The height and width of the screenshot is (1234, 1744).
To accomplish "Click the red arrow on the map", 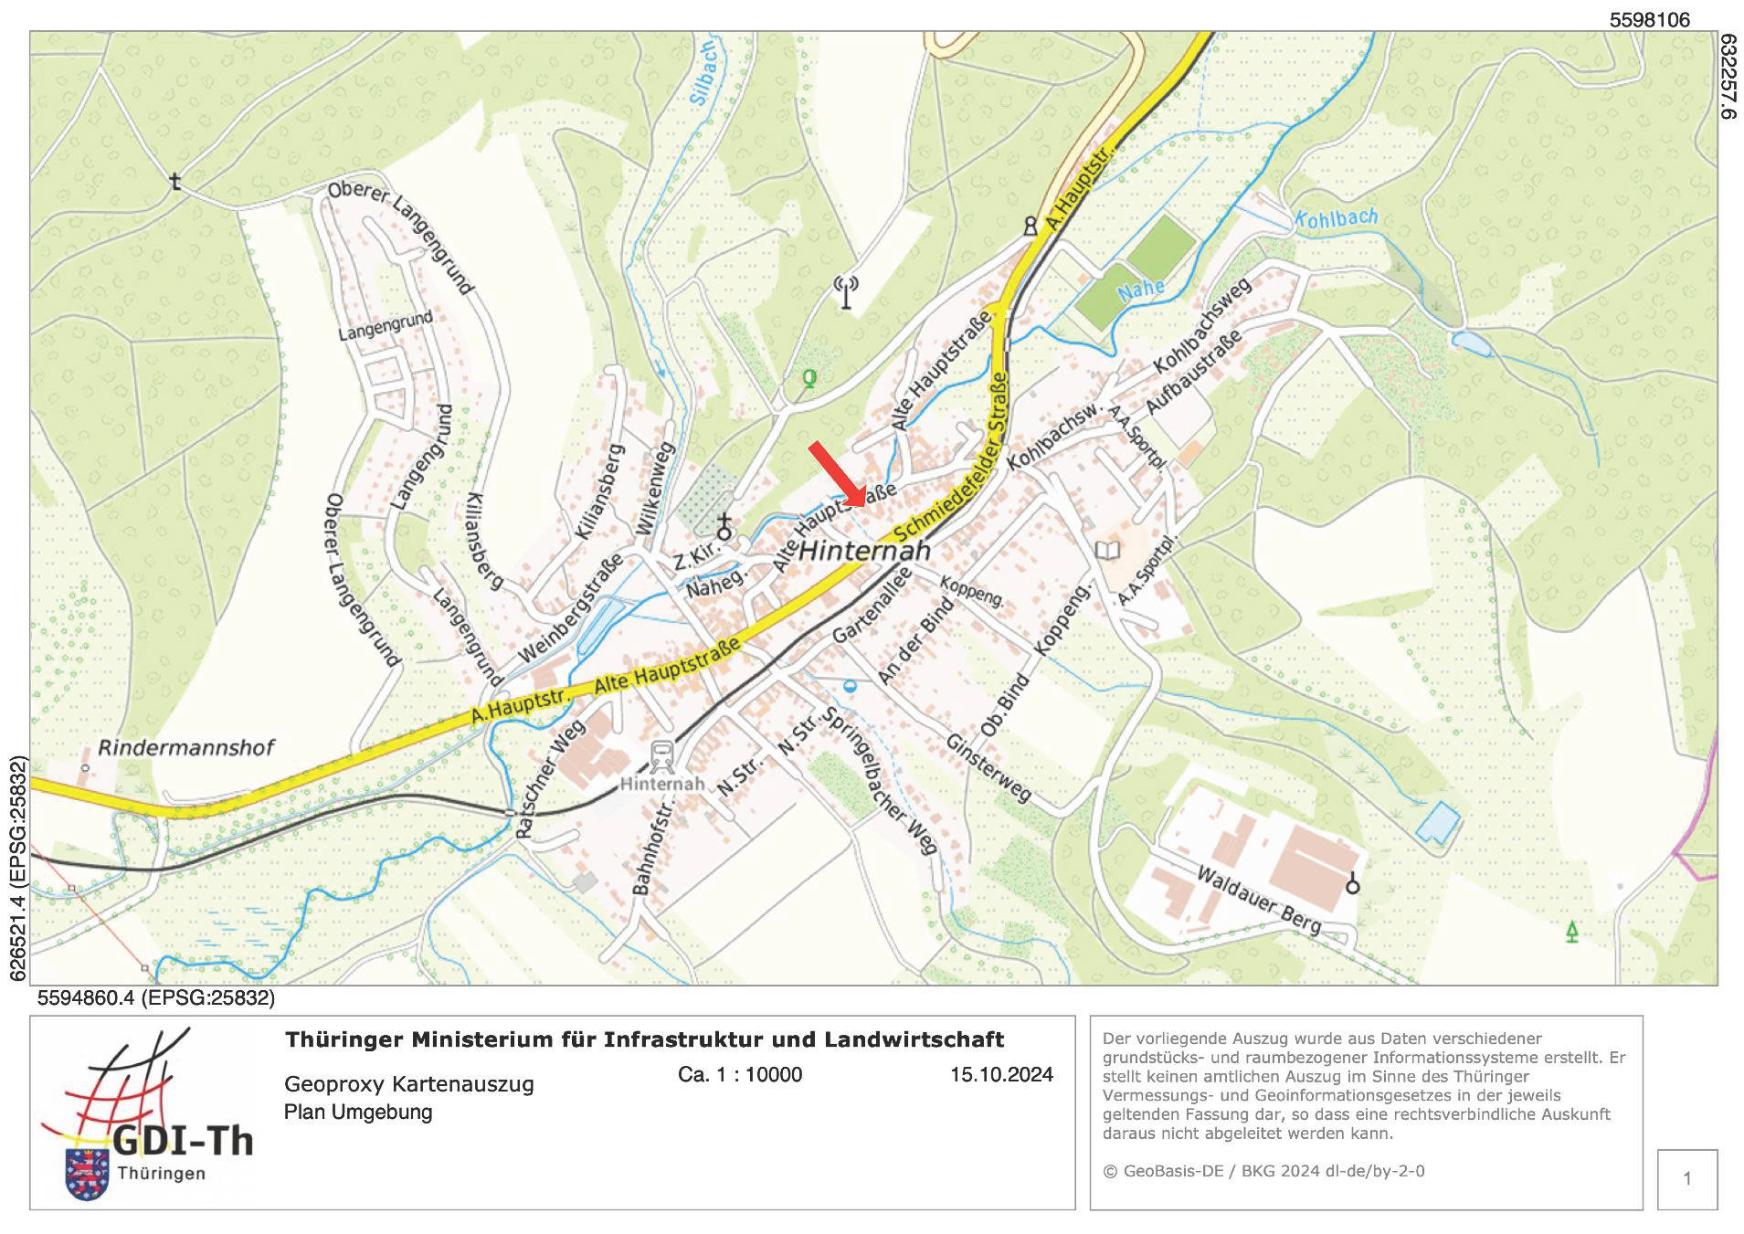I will [836, 473].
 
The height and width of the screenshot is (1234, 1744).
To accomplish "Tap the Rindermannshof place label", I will [185, 748].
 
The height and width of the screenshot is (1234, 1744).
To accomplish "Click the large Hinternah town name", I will [864, 551].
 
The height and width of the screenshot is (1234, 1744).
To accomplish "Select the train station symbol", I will [662, 755].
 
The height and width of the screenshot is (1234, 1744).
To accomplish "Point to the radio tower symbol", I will [846, 292].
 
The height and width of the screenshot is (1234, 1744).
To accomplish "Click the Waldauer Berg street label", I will [1258, 901].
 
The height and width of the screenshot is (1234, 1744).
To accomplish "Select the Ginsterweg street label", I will [988, 769].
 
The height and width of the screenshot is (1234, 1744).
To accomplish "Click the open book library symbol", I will [1106, 550].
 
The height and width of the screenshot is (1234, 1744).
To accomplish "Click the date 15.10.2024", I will [1001, 1075].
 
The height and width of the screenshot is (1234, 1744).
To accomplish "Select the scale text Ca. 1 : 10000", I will [740, 1075].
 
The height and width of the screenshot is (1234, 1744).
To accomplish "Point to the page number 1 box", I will [1686, 1179].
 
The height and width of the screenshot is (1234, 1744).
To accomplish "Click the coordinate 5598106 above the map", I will [1650, 19].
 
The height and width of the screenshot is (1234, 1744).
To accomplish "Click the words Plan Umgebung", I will [358, 1113].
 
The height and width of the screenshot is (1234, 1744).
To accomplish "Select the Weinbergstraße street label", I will [570, 608].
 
